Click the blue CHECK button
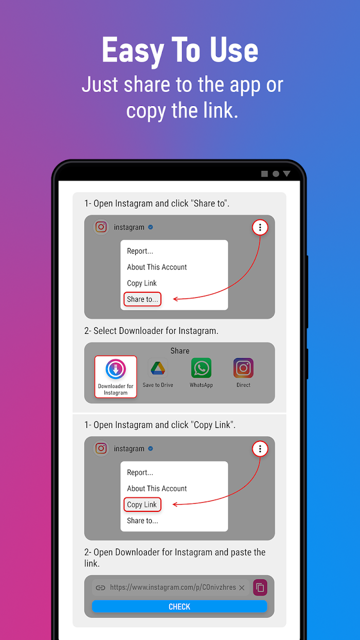tap(179, 606)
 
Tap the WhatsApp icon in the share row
tap(201, 368)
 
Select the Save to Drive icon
tap(158, 368)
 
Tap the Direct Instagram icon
tap(243, 368)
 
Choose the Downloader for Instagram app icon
tap(116, 369)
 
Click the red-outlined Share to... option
tap(142, 299)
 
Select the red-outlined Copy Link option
tap(142, 505)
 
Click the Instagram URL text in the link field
tap(173, 587)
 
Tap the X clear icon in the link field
tap(242, 588)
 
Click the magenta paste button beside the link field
tap(260, 588)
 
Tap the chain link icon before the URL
tap(100, 588)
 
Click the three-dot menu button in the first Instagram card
tap(260, 227)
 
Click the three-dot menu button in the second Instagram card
tap(260, 449)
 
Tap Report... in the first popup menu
tap(140, 251)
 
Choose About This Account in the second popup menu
tap(157, 488)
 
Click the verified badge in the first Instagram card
tap(151, 227)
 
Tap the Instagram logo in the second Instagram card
tap(101, 449)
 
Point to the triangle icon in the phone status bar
tap(286, 174)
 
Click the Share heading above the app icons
tap(179, 350)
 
